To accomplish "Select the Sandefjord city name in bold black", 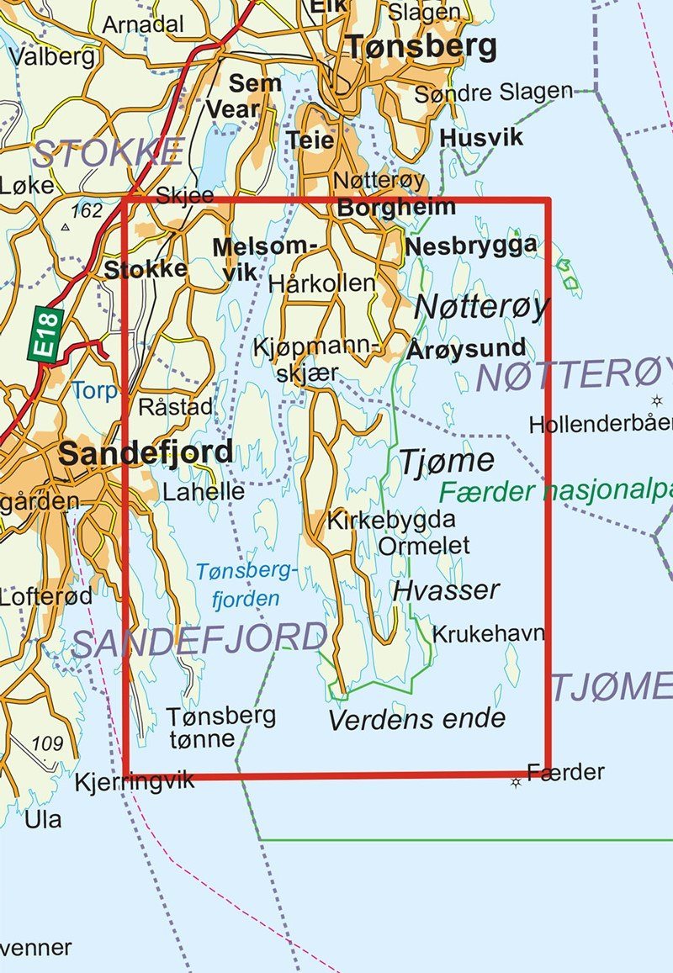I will tap(145, 453).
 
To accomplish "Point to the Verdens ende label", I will tap(416, 719).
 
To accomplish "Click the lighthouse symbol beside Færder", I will tap(516, 782).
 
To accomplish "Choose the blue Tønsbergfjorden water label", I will tap(246, 585).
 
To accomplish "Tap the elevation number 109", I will tap(47, 743).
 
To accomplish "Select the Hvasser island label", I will tap(446, 590).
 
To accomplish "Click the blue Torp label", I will tap(94, 390).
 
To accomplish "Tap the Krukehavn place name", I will tap(488, 633).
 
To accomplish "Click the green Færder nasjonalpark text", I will tap(555, 491).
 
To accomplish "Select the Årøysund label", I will tap(466, 348).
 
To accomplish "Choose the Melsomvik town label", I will tap(263, 258).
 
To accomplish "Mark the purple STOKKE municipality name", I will tap(108, 153).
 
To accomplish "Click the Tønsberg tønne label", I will tap(220, 727).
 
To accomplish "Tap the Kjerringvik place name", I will tap(134, 780).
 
